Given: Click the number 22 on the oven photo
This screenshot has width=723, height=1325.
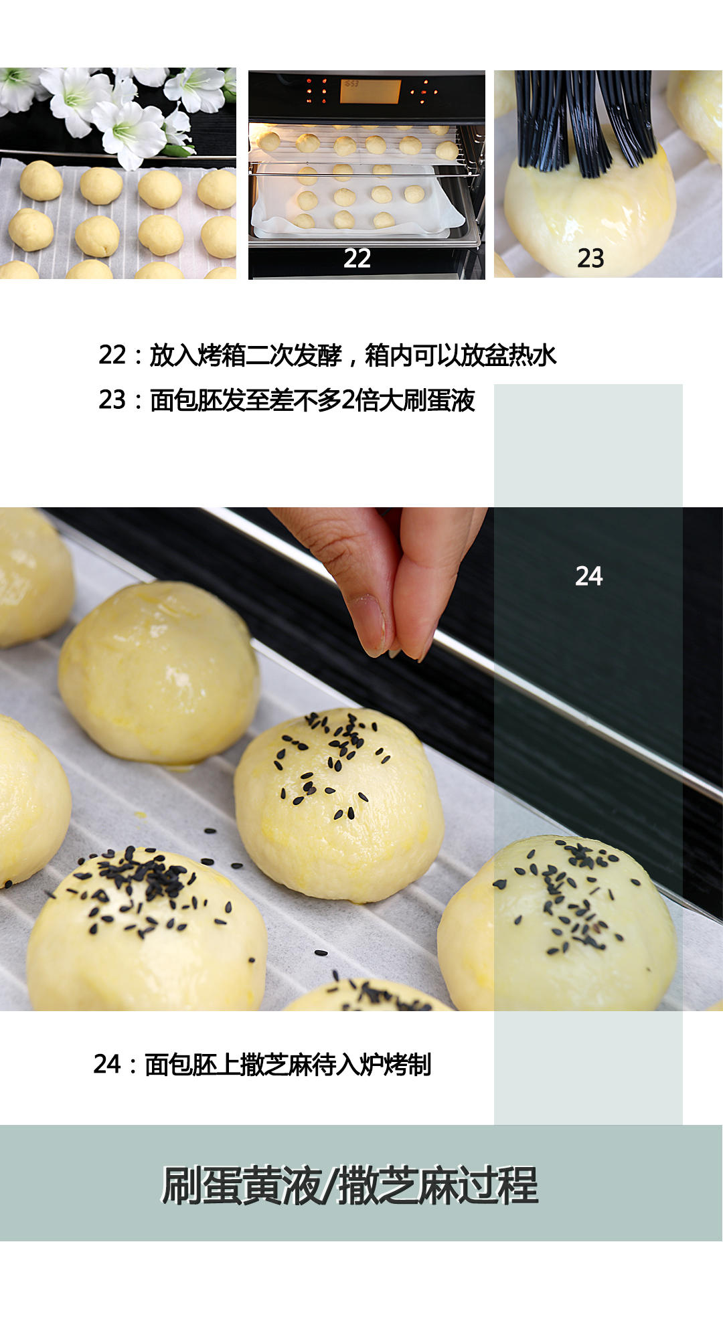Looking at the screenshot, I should click(357, 258).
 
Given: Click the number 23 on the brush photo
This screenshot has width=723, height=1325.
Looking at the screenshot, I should click(590, 258).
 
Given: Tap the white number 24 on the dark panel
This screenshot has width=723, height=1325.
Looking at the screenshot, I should click(588, 576).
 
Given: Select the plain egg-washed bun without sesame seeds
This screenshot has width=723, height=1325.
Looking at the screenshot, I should click(159, 673).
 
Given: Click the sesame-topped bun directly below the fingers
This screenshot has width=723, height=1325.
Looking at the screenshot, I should click(338, 803).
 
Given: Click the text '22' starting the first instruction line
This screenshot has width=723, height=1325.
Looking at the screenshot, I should click(112, 355).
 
